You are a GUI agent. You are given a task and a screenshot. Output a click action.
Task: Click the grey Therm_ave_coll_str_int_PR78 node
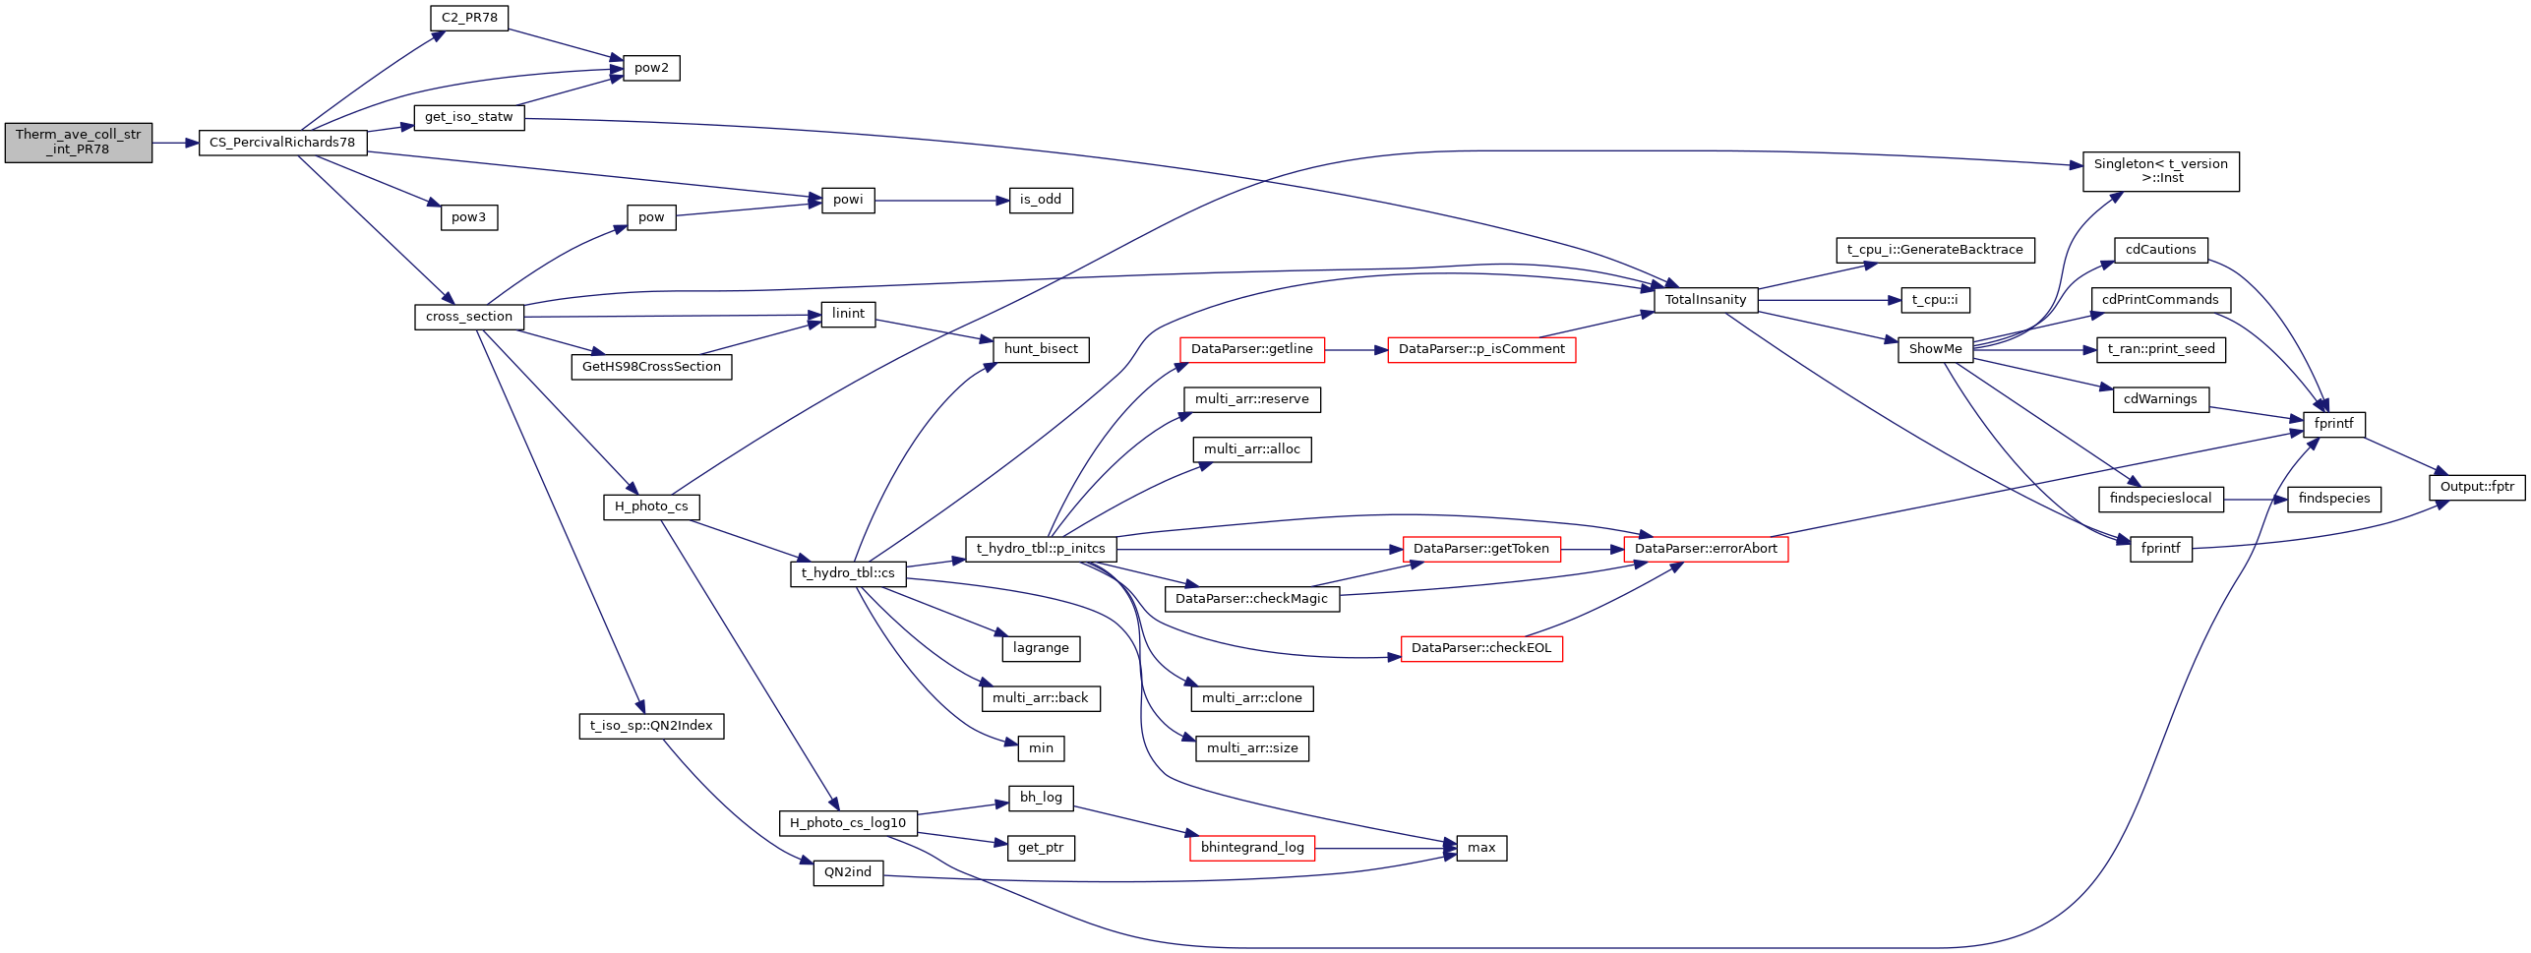pos(79,143)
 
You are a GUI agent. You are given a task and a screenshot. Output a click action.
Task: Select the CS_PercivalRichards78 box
pos(282,143)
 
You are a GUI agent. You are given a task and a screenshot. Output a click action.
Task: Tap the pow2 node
pos(651,68)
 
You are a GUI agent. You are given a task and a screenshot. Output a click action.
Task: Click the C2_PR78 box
pos(469,18)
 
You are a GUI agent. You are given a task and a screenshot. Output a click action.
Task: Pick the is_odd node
pos(1041,200)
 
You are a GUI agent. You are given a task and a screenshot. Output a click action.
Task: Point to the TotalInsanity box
pos(1706,300)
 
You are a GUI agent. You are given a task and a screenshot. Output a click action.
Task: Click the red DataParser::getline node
pos(1251,349)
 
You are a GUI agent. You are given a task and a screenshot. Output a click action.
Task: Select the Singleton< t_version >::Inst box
pos(2160,171)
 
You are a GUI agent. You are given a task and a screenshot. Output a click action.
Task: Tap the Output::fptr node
pos(2477,487)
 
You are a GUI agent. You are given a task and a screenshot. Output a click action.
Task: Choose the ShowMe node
pos(1935,349)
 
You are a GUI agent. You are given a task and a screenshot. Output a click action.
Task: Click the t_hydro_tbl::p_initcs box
pos(1041,549)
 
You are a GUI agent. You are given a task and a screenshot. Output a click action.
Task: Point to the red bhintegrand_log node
pos(1252,848)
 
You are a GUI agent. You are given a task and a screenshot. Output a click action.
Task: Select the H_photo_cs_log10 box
pos(848,823)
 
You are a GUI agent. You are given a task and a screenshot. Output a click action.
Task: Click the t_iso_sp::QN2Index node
pos(651,726)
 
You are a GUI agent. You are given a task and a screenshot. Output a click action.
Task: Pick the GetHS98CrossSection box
pos(651,367)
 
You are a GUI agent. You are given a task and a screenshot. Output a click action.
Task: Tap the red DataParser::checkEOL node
pos(1481,648)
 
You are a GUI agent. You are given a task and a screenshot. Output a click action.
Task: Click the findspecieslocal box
pos(2160,499)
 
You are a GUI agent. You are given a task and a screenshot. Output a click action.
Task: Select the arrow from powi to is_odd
pos(942,201)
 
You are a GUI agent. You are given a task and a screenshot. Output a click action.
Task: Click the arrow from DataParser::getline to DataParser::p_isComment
pos(1356,349)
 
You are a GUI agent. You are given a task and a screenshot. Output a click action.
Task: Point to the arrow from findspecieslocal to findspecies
pos(2255,500)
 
